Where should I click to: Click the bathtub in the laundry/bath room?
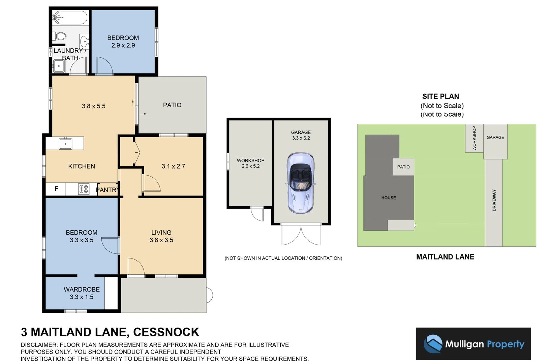[x=70, y=18]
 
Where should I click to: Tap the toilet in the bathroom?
[x=60, y=36]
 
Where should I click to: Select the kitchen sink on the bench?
[x=65, y=144]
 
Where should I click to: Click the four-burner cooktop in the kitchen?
[x=84, y=189]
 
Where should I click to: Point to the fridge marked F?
[x=56, y=189]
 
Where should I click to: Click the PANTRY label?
[x=107, y=190]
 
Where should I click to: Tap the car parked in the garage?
[x=300, y=183]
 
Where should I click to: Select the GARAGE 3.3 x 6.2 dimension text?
[x=301, y=135]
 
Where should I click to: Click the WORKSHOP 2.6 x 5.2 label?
[x=250, y=163]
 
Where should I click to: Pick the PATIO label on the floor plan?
[x=172, y=105]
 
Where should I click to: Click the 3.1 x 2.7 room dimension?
[x=173, y=166]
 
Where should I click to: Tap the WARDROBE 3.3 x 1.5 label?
[x=82, y=293]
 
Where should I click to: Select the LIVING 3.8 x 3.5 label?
[x=161, y=236]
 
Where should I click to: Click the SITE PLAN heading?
[x=441, y=96]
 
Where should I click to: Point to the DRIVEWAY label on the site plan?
[x=494, y=200]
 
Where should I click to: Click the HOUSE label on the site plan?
[x=388, y=198]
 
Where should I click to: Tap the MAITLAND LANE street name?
[x=445, y=257]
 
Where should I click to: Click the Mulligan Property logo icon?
[x=433, y=344]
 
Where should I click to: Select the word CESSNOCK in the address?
[x=166, y=332]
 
